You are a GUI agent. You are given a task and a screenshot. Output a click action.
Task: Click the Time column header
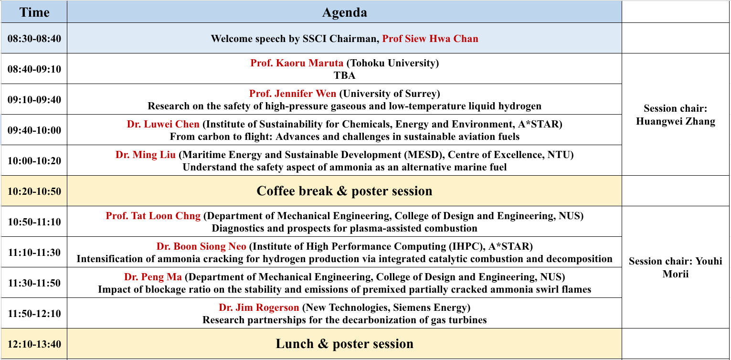coord(34,12)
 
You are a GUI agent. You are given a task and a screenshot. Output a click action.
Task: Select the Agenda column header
coord(345,12)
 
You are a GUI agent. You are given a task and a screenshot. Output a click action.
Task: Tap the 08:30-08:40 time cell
coord(34,39)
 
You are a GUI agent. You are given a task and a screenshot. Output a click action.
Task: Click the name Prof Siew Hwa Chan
coord(430,39)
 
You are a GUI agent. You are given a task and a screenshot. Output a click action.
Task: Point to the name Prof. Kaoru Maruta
coord(297,63)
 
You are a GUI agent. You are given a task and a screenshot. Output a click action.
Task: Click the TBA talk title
coord(345,75)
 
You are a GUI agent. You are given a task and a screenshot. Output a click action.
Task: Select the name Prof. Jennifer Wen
coord(292,94)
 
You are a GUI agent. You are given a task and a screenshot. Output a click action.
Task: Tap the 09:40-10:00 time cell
coord(34,130)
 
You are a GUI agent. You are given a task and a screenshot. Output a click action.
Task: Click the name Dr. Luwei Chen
coord(163,124)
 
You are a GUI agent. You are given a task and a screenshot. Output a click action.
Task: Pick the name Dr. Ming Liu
coord(146,154)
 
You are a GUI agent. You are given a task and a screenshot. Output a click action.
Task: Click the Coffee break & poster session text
coord(345,191)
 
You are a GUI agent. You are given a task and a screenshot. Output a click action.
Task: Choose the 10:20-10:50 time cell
coord(34,191)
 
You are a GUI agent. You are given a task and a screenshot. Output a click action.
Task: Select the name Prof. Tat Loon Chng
coord(153,216)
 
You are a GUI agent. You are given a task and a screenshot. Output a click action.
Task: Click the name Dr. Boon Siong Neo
coord(201,246)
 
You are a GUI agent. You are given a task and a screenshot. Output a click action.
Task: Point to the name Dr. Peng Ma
coord(153,277)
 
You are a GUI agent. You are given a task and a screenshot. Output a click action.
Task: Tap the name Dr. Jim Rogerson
coord(259,307)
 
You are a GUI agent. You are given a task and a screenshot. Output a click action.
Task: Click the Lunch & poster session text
coord(345,344)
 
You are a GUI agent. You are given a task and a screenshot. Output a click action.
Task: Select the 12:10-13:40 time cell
coord(34,344)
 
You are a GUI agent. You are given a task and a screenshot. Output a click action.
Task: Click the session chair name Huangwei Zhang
coord(676,121)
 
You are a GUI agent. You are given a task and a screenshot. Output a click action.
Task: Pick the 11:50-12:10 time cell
coord(34,314)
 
